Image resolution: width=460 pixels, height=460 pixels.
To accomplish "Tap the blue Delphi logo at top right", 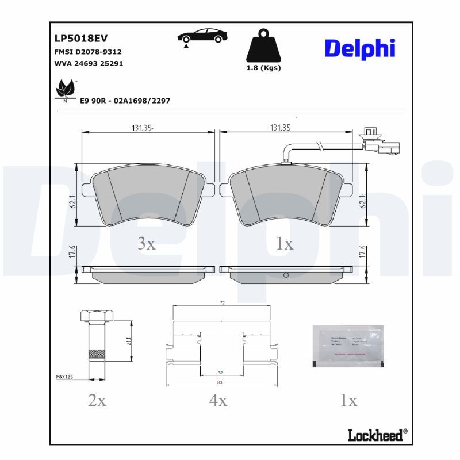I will (360, 49).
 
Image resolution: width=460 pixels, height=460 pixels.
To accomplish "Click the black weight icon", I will (263, 45).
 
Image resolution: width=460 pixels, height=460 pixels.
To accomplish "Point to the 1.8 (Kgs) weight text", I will (263, 68).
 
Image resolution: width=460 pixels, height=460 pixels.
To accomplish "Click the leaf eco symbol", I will (65, 89).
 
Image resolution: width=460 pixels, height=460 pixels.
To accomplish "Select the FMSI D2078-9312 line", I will (87, 52).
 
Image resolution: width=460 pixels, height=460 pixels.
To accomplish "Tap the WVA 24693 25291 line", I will (87, 63).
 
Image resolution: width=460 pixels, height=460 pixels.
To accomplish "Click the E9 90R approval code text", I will (125, 101).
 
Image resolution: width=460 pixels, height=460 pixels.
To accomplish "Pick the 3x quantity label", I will (147, 244).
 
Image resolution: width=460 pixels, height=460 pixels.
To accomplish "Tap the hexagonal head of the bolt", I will (91, 316).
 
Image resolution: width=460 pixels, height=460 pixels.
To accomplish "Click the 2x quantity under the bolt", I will (97, 401).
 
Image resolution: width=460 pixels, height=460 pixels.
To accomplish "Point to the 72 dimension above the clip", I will (222, 302).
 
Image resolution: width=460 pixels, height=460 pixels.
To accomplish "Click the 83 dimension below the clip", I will (221, 382).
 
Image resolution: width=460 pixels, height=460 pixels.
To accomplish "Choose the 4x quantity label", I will (218, 401).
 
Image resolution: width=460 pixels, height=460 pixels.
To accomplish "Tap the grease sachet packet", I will (347, 347).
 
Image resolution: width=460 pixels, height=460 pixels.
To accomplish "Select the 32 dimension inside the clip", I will (221, 372).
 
